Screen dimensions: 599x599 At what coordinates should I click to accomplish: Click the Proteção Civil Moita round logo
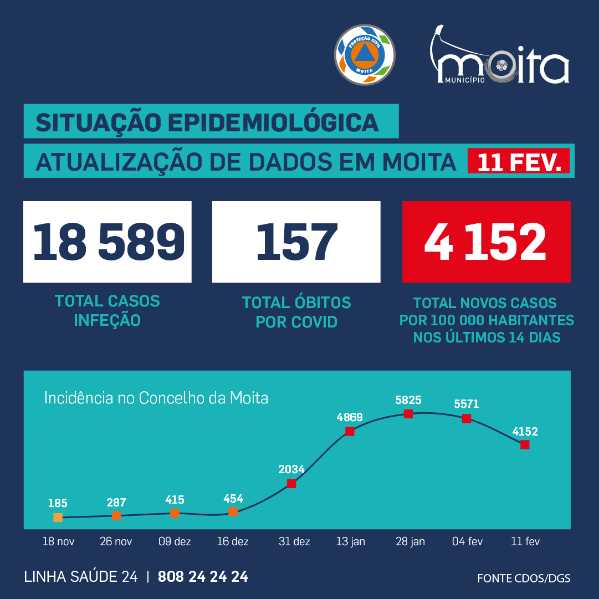click(x=365, y=54)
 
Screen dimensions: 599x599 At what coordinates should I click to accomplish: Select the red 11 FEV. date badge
click(x=519, y=161)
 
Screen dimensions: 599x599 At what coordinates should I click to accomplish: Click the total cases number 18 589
click(x=108, y=242)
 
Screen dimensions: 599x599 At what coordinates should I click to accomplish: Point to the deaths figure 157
click(x=296, y=242)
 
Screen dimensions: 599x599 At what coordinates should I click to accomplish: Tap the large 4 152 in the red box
click(x=486, y=242)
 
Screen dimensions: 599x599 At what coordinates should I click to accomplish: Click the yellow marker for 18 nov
click(x=58, y=518)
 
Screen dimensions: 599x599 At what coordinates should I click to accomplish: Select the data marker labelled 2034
click(x=291, y=483)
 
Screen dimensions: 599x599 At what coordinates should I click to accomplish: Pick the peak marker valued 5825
click(x=408, y=413)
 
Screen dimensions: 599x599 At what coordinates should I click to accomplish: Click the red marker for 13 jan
click(x=350, y=431)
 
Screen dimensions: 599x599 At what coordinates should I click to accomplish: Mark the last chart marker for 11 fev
click(x=525, y=444)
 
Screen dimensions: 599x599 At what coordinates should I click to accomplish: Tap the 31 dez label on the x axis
click(x=294, y=541)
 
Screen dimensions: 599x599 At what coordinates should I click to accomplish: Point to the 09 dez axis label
click(x=175, y=541)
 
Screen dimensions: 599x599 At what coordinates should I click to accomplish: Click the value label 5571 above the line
click(x=466, y=405)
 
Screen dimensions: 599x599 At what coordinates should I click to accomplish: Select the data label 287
click(x=116, y=503)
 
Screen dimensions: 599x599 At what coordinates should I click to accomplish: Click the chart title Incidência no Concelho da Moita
click(x=156, y=398)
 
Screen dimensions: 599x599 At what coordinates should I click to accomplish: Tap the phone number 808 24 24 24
click(x=203, y=577)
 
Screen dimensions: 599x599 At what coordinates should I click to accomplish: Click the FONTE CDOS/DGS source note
click(x=524, y=578)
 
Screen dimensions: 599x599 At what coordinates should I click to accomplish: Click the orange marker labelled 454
click(x=233, y=511)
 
